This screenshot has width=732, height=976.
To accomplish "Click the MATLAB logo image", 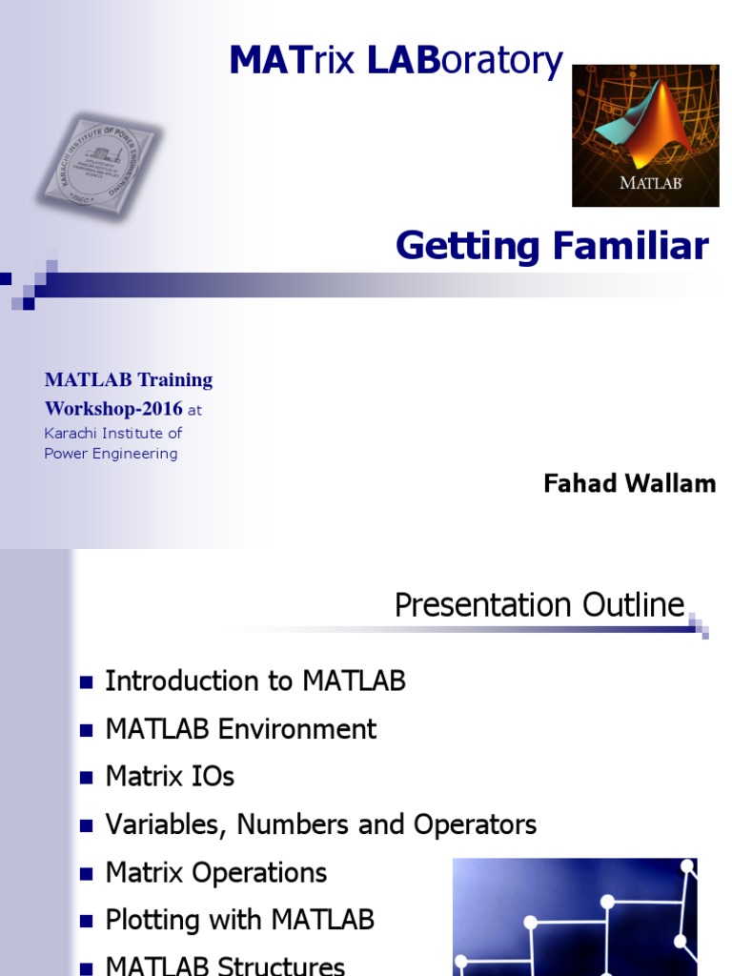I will (x=645, y=135).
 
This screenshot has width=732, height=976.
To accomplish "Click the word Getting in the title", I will (x=467, y=246).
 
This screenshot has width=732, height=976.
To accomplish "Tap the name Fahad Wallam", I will (x=629, y=483).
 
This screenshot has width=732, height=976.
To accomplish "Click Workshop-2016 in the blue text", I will (x=113, y=409).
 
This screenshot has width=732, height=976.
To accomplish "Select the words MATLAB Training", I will (x=129, y=380).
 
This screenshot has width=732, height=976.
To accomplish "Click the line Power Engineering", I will (x=111, y=454).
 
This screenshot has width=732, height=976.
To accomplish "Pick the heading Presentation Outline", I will (x=539, y=605).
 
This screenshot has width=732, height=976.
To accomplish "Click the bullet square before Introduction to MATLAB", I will (x=86, y=682).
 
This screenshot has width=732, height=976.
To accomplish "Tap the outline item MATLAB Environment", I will (x=241, y=729).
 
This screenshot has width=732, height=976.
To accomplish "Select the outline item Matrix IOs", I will (x=170, y=777).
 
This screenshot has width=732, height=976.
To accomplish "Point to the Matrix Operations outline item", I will (x=216, y=872).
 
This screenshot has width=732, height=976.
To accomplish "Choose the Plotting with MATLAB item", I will (x=240, y=920).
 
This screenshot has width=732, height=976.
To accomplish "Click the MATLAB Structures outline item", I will (x=225, y=965).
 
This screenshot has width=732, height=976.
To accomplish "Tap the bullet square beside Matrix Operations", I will (x=86, y=873).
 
